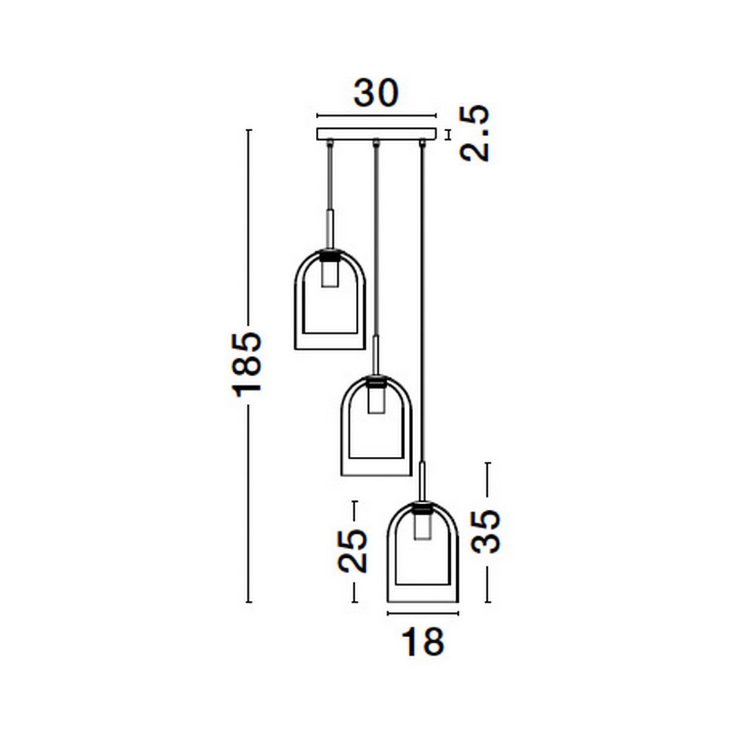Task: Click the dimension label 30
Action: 376,94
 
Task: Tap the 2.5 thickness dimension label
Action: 474,133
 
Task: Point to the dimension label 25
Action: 353,550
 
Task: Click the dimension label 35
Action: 486,531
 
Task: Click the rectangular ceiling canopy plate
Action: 377,134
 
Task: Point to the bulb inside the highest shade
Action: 330,273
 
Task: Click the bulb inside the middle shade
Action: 376,401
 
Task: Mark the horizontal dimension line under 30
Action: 377,115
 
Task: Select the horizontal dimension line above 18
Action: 423,614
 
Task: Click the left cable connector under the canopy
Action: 330,143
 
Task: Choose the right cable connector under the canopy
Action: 422,143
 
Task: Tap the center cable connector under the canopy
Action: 376,143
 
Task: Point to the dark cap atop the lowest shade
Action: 423,507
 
